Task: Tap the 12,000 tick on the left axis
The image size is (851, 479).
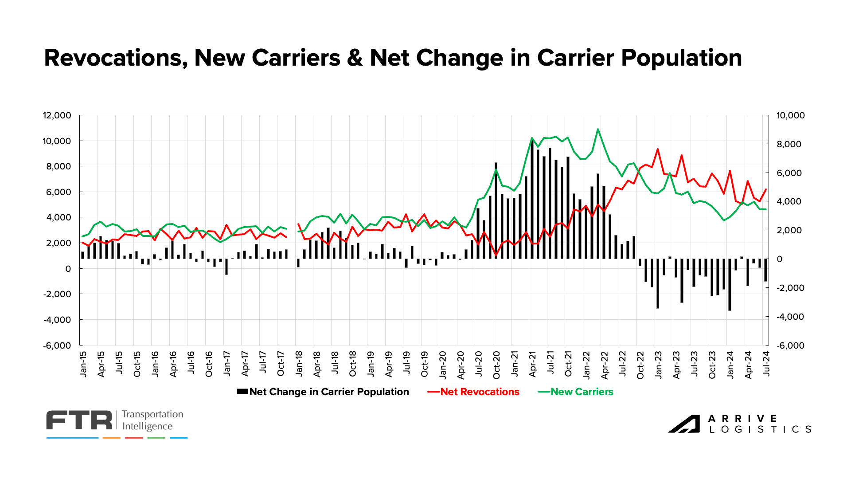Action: (57, 115)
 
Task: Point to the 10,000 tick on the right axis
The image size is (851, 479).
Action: (790, 115)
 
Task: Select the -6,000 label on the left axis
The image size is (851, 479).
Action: (57, 346)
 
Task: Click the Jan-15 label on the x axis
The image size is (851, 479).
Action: (83, 364)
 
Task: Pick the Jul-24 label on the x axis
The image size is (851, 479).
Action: (766, 364)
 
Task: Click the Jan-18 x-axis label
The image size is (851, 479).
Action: (299, 364)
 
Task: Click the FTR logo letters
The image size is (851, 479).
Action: (80, 420)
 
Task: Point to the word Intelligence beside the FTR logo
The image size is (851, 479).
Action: (147, 427)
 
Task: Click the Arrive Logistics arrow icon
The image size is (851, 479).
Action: (684, 424)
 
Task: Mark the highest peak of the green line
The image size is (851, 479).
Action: (598, 129)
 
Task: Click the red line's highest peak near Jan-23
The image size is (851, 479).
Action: (658, 149)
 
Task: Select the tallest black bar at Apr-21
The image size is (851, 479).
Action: (532, 200)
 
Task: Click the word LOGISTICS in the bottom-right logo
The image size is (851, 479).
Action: (760, 429)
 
